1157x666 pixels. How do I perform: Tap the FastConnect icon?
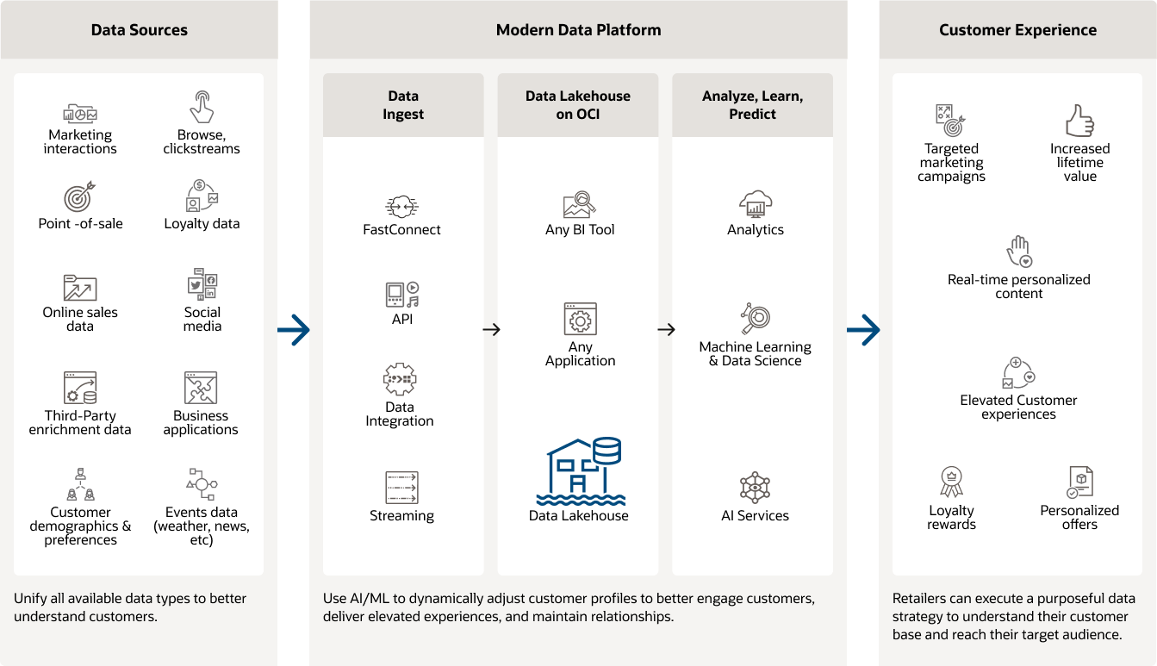point(401,207)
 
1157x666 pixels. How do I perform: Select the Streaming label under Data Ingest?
point(401,516)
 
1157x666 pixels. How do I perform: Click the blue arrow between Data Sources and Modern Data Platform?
point(294,329)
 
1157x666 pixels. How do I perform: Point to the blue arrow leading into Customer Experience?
point(863,329)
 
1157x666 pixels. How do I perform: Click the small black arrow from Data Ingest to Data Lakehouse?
point(491,329)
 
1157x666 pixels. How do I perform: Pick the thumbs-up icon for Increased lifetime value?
point(1079,121)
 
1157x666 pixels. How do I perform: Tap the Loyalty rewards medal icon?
point(951,482)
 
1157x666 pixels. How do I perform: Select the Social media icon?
point(202,284)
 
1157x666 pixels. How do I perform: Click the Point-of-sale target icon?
point(79,197)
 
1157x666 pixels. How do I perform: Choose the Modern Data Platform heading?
point(578,30)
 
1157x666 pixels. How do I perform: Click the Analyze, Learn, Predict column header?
point(752,105)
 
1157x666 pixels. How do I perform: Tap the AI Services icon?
point(755,488)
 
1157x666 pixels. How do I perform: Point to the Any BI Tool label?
point(580,230)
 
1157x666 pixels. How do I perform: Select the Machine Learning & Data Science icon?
point(755,319)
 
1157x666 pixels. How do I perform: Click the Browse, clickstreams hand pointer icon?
point(202,107)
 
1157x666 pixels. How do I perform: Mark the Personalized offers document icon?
point(1079,482)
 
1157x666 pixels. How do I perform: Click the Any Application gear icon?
point(580,320)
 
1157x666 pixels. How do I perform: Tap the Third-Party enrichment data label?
point(80,423)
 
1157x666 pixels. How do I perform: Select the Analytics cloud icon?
point(755,204)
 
